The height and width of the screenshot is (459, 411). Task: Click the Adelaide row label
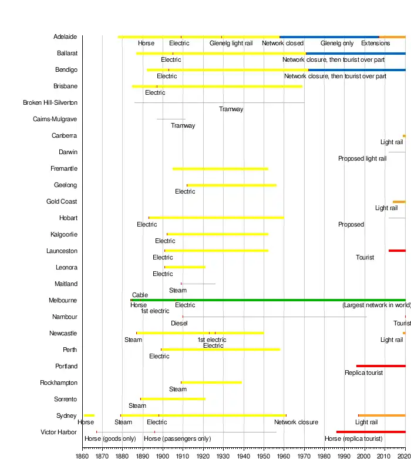[65, 36]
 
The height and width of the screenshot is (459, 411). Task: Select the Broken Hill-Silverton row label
[50, 102]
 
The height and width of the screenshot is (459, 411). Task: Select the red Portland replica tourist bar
[380, 366]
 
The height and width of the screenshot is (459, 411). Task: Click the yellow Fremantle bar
[220, 169]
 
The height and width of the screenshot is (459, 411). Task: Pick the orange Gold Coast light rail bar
[399, 202]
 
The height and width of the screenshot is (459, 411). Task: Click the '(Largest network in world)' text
[376, 305]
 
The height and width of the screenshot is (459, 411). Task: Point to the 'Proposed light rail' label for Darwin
[362, 159]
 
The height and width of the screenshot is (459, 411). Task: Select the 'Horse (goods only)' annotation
[110, 439]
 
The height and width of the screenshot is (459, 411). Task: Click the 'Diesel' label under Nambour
[179, 324]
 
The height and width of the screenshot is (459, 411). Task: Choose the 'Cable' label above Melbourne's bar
[140, 295]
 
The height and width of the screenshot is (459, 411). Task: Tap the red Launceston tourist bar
[397, 251]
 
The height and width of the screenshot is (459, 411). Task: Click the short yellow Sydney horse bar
[89, 415]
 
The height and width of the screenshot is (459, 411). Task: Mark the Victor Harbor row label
[59, 432]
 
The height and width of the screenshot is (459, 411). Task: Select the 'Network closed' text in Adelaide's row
[282, 44]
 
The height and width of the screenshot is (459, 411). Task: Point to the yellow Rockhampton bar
[211, 382]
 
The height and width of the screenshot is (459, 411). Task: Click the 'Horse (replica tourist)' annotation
[353, 439]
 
